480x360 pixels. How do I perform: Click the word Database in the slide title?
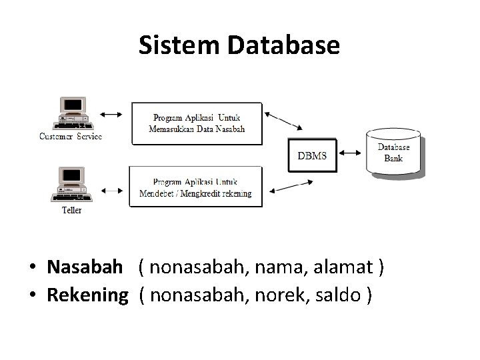284,45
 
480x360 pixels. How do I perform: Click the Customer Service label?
71,137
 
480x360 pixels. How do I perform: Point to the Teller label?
71,210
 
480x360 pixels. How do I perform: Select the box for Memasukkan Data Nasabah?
197,123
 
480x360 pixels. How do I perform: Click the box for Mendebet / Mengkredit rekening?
195,187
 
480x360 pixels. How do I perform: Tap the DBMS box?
311,156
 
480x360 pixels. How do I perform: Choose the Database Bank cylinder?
394,153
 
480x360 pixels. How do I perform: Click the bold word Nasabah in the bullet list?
85,268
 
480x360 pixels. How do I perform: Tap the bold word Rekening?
87,295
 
